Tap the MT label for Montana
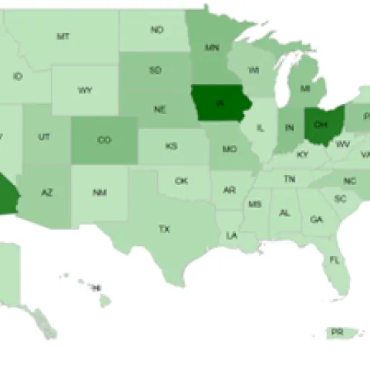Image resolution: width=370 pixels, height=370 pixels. point(64,35)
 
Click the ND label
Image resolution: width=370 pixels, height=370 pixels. point(157,30)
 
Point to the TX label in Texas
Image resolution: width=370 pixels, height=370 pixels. point(164,229)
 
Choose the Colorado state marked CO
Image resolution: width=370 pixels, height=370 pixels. point(105,140)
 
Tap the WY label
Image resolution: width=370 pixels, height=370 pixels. point(86,90)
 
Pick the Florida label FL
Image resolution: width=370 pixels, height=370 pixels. point(335,260)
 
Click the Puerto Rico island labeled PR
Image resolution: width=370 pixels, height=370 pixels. point(337,332)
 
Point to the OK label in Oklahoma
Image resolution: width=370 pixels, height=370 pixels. point(181,181)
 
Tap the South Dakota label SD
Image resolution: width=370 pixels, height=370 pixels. point(155,70)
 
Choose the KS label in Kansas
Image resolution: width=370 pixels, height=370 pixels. point(171,146)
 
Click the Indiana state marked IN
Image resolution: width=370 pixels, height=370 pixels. point(290,126)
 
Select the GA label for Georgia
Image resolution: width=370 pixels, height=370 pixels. point(316,219)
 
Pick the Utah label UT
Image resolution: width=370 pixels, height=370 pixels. point(44,136)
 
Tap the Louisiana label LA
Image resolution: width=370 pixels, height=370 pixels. point(231,235)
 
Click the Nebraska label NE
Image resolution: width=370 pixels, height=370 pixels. point(160,109)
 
